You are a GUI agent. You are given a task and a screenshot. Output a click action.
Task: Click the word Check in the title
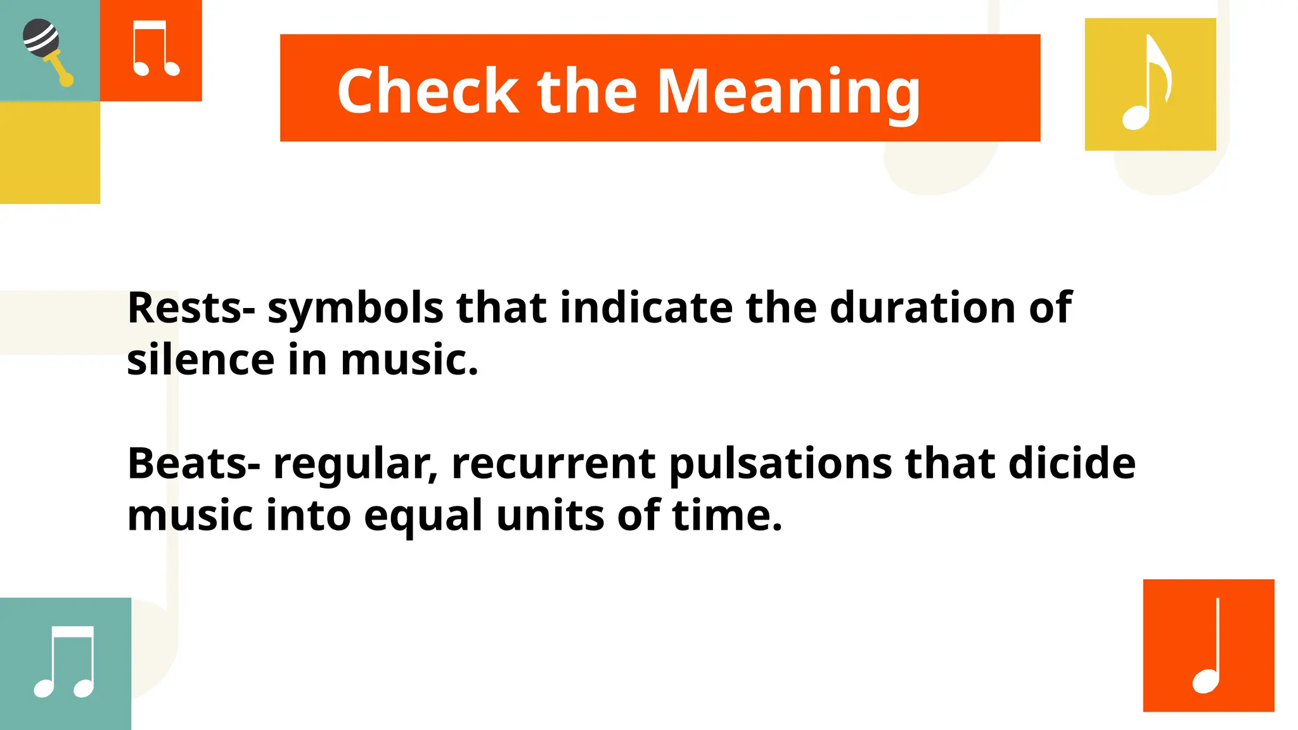428,91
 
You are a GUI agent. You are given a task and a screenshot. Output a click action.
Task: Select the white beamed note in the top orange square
155,49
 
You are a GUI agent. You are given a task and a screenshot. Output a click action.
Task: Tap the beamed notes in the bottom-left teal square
65,663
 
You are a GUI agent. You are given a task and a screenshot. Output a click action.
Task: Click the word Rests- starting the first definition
191,308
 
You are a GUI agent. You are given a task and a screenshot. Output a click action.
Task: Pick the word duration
922,308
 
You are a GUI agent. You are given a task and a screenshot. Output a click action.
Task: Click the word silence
200,359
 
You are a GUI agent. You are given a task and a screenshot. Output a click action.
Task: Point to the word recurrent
553,464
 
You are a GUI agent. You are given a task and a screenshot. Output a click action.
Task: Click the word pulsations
780,464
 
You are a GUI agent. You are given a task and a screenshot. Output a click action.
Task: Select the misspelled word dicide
1072,463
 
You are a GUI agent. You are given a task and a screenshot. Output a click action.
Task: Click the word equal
423,516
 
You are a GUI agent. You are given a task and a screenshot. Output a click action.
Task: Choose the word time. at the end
727,515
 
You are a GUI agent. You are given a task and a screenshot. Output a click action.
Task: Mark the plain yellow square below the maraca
49,152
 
